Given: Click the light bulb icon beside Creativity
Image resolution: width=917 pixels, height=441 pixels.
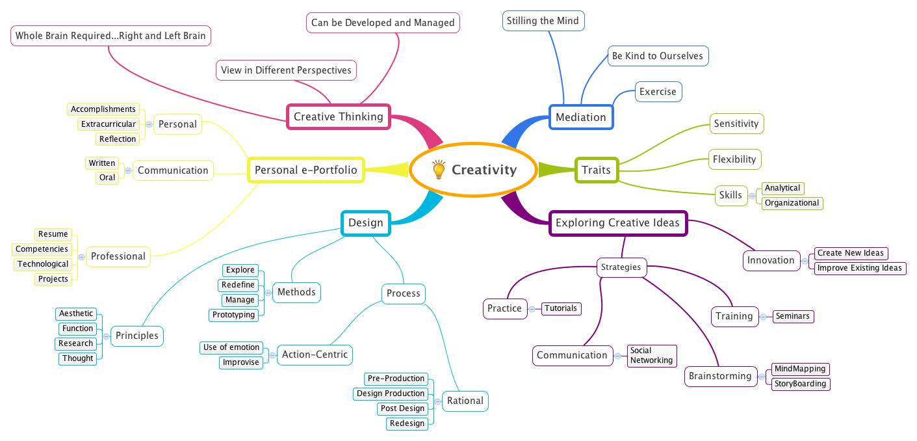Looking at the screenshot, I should (439, 170).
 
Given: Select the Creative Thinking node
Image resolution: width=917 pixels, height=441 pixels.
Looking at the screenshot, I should (338, 117).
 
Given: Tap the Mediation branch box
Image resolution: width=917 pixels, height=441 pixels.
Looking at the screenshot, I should (580, 117).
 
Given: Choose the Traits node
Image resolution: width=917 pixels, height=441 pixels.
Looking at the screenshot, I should (596, 170).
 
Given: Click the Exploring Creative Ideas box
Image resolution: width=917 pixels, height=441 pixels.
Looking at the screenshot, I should (617, 223).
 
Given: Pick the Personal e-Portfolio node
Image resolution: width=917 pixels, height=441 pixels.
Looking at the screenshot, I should (305, 170).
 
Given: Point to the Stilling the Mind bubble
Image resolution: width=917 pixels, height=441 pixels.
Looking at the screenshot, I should (543, 21).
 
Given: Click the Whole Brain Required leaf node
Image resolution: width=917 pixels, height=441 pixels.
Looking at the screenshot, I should (110, 36).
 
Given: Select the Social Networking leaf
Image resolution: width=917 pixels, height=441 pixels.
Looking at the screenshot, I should (651, 355).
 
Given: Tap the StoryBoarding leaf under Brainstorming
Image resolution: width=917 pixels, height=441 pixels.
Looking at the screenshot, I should (800, 384).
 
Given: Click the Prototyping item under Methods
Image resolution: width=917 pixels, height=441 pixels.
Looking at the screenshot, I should (233, 315).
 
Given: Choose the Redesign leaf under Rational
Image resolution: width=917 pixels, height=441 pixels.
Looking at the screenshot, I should (407, 423).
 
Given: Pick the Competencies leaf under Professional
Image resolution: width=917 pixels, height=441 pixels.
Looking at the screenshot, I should (42, 249).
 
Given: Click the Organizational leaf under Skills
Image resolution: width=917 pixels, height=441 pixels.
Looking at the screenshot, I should (792, 203).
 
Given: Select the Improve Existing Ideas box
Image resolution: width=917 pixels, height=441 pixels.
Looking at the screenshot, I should (859, 268).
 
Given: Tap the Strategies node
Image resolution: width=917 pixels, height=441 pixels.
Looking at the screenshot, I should (621, 267).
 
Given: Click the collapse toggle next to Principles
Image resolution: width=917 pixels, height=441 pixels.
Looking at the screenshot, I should (106, 336).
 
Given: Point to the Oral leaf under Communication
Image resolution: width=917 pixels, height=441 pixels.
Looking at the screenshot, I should (107, 178).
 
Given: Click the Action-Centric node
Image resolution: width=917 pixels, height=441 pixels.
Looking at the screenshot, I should (315, 355).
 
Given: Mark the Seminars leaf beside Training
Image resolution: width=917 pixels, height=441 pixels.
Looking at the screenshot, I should (792, 316).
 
